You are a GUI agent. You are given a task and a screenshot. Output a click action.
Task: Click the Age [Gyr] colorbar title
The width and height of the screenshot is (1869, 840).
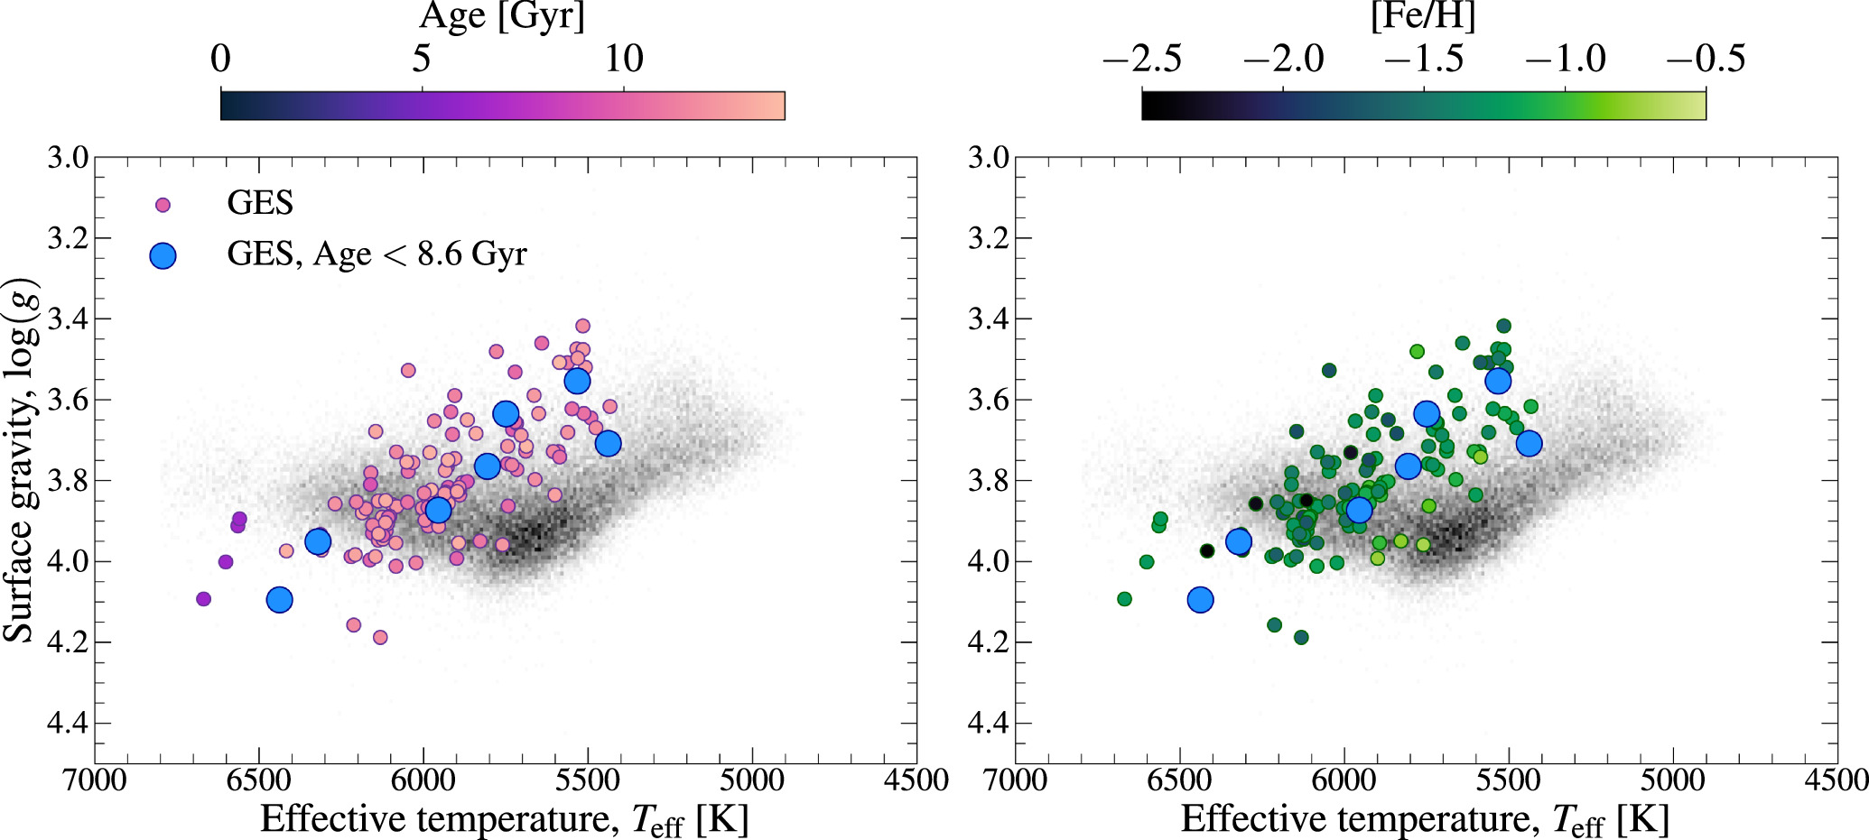pyautogui.click(x=502, y=16)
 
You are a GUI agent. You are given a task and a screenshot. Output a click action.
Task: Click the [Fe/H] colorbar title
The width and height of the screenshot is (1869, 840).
pyautogui.click(x=1423, y=16)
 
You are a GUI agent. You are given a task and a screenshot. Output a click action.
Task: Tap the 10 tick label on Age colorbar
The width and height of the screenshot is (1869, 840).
pyautogui.click(x=623, y=60)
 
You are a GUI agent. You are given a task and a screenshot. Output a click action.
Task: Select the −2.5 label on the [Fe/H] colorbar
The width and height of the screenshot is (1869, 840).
pyautogui.click(x=1142, y=60)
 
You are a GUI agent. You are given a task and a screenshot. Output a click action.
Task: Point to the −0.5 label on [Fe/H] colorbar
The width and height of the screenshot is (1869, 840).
pyautogui.click(x=1706, y=60)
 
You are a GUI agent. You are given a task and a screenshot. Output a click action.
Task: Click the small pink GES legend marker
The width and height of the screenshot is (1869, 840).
pyautogui.click(x=163, y=205)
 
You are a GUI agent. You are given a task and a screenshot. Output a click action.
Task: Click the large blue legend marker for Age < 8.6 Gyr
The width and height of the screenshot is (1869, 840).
pyautogui.click(x=163, y=256)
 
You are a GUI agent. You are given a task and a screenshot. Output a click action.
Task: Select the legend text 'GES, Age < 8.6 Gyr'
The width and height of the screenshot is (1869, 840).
pyautogui.click(x=377, y=254)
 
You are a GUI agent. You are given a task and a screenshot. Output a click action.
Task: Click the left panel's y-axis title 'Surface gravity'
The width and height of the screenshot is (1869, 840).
pyautogui.click(x=20, y=460)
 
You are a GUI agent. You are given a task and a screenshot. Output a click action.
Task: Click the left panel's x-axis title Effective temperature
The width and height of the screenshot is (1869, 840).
pyautogui.click(x=504, y=819)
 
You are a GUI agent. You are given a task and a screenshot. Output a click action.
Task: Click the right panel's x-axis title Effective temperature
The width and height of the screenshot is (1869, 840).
pyautogui.click(x=1425, y=819)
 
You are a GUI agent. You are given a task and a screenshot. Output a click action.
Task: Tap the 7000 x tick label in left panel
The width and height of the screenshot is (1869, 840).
pyautogui.click(x=95, y=780)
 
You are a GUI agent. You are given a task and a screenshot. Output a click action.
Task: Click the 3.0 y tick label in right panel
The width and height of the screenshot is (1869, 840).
pyautogui.click(x=988, y=158)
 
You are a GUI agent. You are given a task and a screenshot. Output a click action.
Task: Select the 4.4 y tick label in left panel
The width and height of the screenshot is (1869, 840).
pyautogui.click(x=68, y=723)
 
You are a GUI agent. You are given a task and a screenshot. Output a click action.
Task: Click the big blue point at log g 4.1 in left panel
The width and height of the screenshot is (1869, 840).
pyautogui.click(x=280, y=599)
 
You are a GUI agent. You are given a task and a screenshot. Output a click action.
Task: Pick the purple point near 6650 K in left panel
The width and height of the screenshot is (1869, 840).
pyautogui.click(x=204, y=599)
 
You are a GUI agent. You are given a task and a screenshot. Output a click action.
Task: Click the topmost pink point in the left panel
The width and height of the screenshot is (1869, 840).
pyautogui.click(x=582, y=326)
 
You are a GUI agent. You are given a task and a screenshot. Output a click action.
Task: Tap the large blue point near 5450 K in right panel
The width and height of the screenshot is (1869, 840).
pyautogui.click(x=1529, y=443)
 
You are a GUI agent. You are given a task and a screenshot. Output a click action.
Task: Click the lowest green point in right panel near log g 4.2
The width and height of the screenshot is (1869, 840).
pyautogui.click(x=1301, y=638)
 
